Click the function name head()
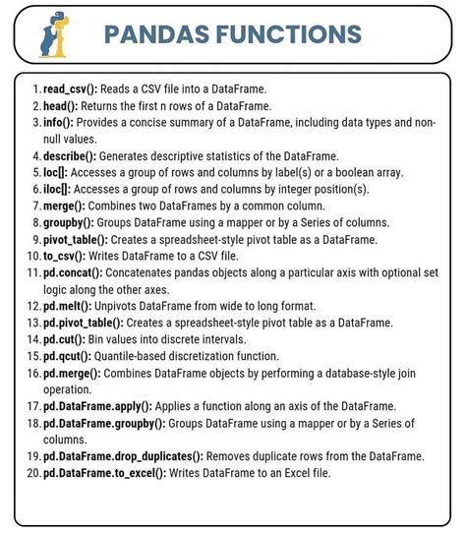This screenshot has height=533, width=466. pyautogui.click(x=63, y=105)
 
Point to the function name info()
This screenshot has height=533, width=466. pyautogui.click(x=61, y=122)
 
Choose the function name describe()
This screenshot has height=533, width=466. pyautogui.click(x=76, y=155)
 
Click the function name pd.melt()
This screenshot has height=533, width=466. pyautogui.click(x=70, y=305)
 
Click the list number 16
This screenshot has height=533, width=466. pyautogui.click(x=33, y=372)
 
